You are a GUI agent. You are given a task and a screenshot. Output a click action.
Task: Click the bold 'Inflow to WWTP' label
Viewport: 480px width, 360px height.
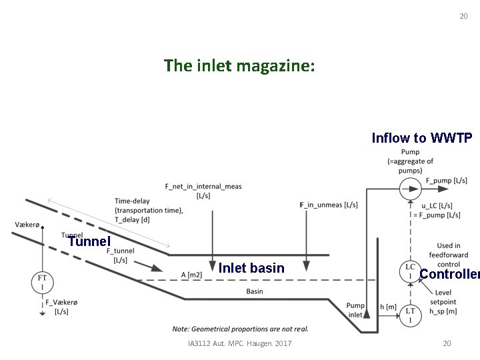[x=422, y=138]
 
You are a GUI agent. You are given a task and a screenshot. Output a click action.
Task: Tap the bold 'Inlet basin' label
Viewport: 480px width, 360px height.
[x=251, y=268]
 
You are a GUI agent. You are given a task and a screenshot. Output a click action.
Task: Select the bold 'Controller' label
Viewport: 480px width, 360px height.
[x=449, y=274]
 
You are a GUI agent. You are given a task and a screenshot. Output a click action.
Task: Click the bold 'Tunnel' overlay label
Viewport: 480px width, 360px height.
[x=89, y=241]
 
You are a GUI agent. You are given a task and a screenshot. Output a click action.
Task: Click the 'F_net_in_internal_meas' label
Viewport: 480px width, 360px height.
[x=203, y=190]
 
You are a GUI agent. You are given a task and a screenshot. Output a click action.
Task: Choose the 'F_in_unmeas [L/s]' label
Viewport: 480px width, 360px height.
[x=329, y=204]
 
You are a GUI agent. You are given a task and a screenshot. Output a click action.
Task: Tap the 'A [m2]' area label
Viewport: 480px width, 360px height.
[x=193, y=273]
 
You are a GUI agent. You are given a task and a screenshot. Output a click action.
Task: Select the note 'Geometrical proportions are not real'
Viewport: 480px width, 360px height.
[x=240, y=329]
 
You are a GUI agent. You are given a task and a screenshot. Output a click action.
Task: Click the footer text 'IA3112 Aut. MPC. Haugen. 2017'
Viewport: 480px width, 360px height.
[x=240, y=343]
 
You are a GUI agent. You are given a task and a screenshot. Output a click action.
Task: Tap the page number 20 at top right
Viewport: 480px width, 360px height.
[x=463, y=16]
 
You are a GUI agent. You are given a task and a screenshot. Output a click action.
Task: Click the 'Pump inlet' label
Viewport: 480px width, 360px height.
[x=355, y=310]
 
